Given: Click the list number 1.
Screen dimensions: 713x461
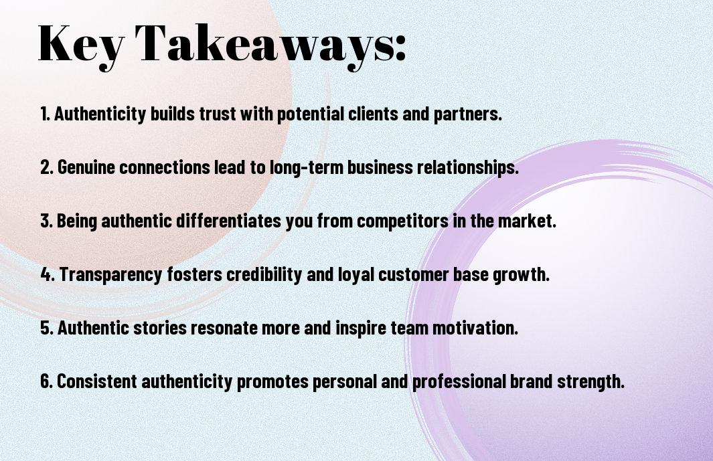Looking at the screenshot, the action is pyautogui.click(x=45, y=114).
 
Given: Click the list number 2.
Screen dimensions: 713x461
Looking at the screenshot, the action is pyautogui.click(x=46, y=167).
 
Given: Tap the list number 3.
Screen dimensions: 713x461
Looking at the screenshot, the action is pyautogui.click(x=46, y=221).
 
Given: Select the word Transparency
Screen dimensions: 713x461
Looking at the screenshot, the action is pyautogui.click(x=110, y=275).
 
